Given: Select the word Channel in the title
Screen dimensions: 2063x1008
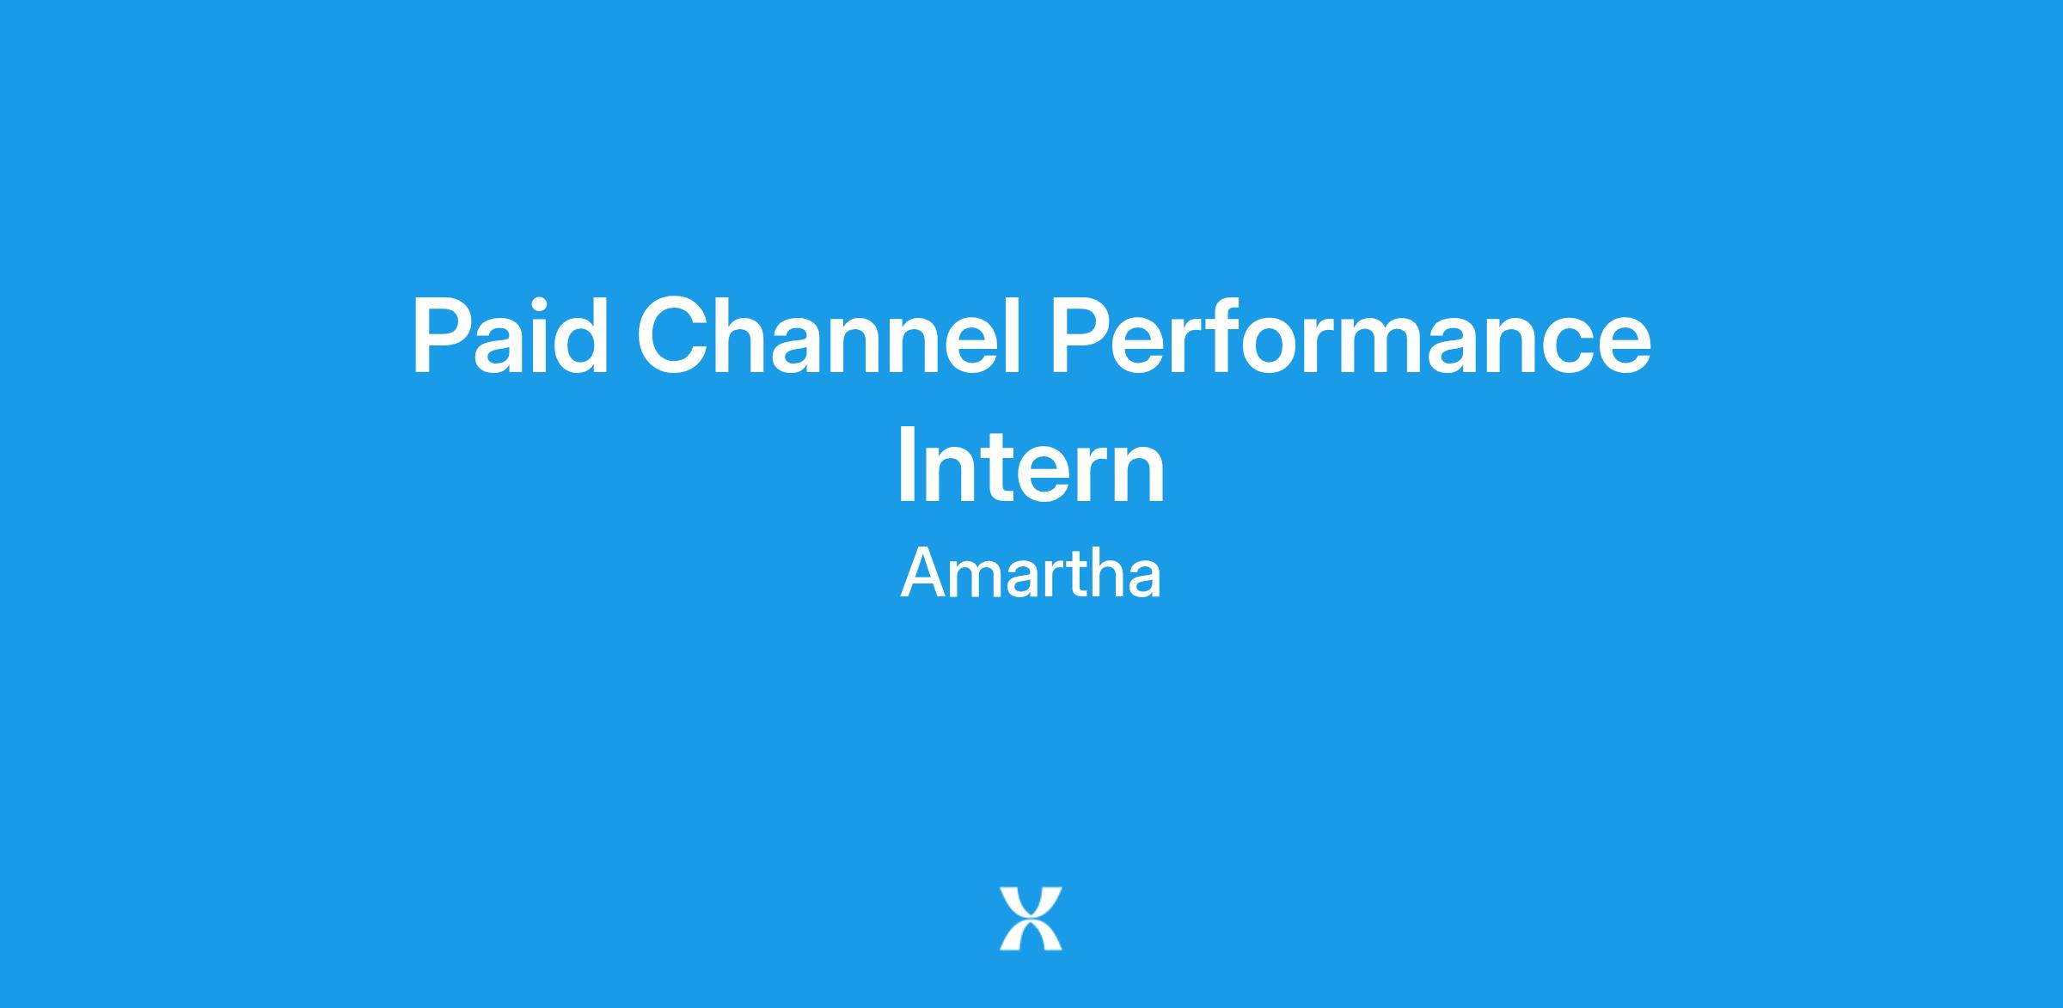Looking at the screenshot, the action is pyautogui.click(x=828, y=336).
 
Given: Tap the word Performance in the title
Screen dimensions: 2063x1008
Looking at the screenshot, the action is pyautogui.click(x=1350, y=336).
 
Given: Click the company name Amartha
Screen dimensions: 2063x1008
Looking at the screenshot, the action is pyautogui.click(x=1031, y=573).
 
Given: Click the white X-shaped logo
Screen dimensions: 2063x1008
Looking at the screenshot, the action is pyautogui.click(x=1031, y=919).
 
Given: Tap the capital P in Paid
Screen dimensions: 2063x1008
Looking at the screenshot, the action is pyautogui.click(x=443, y=336).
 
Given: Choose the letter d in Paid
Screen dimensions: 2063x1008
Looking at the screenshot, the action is pyautogui.click(x=580, y=336).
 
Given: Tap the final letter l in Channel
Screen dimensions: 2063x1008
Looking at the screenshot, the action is pyautogui.click(x=1013, y=336).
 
